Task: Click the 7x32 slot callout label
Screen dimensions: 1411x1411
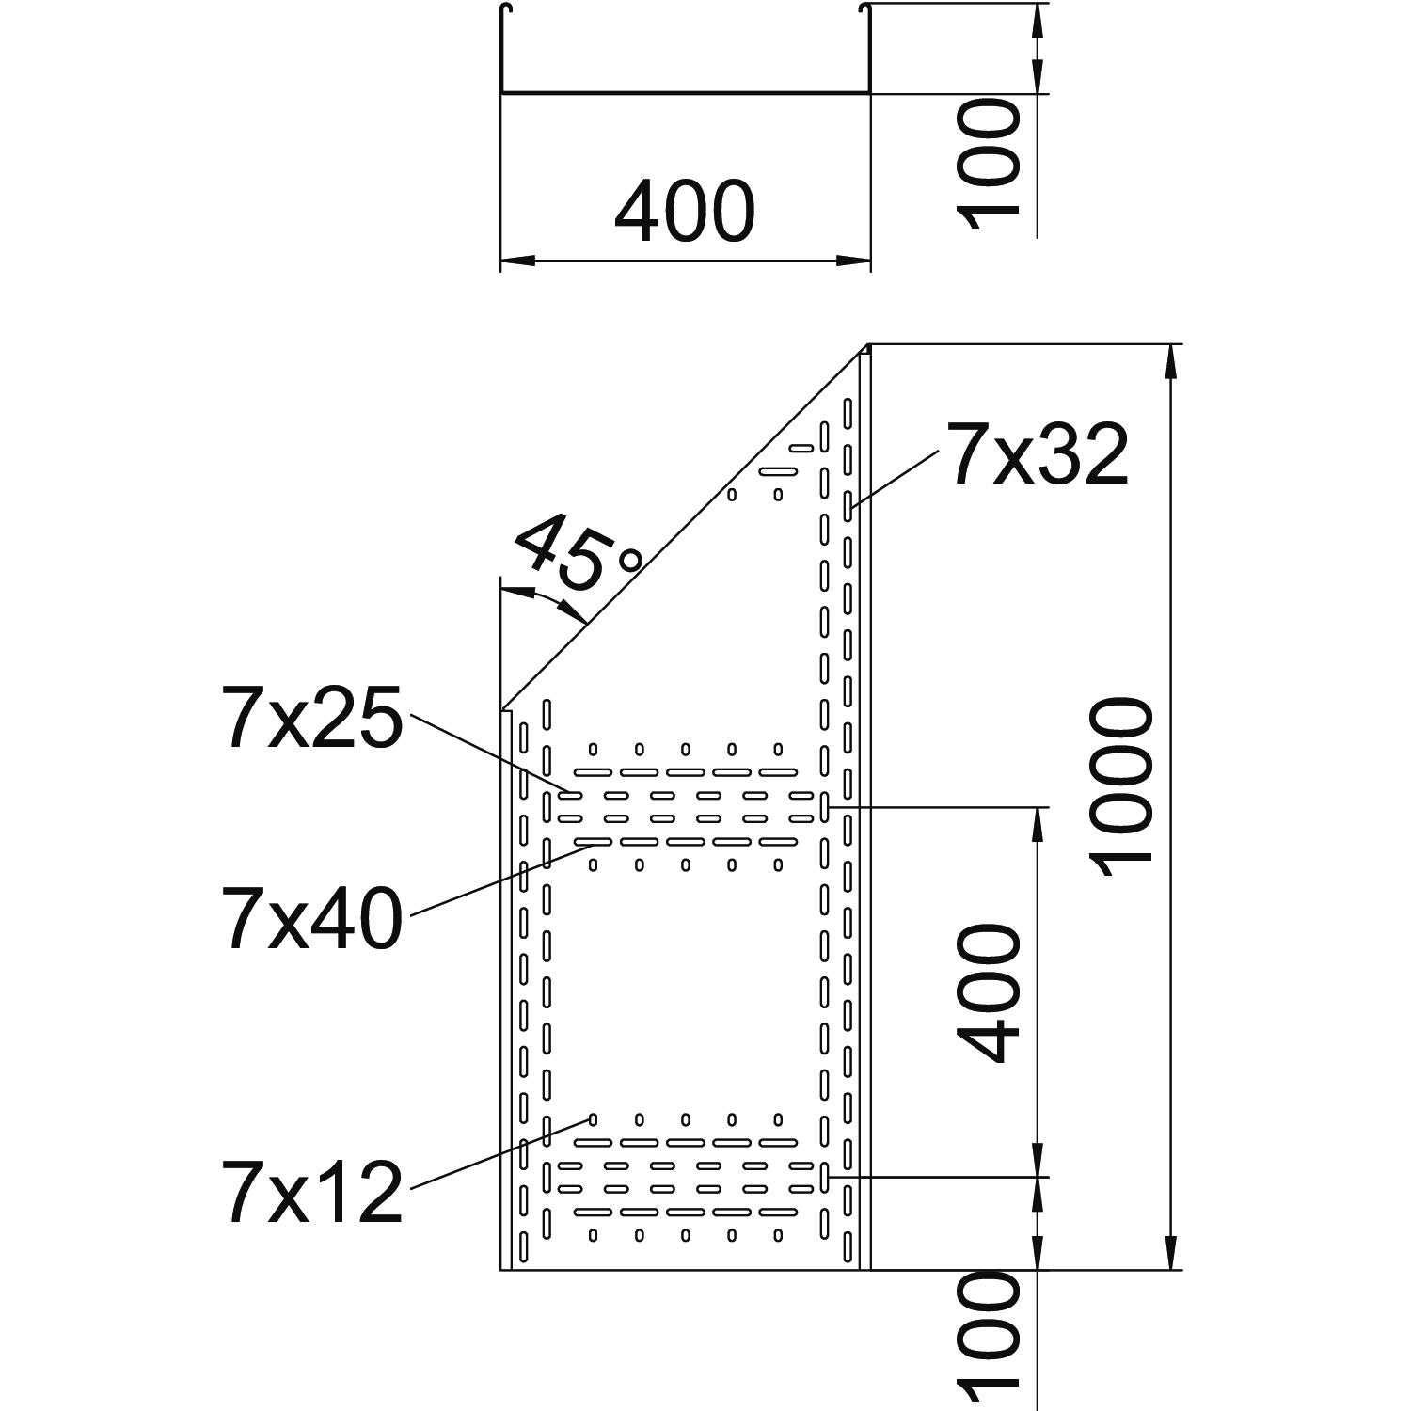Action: coord(1038,456)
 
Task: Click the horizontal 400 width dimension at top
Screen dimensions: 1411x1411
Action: coord(684,212)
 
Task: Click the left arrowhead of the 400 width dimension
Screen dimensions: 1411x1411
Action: coord(515,260)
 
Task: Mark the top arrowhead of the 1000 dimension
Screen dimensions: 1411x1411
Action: coord(1171,362)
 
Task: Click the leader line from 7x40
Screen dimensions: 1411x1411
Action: coord(499,880)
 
